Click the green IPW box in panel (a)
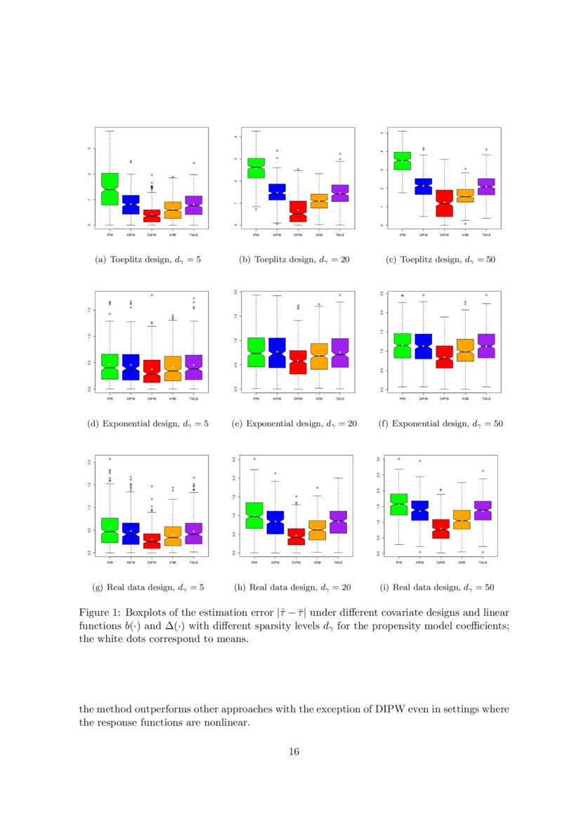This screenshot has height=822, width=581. click(110, 189)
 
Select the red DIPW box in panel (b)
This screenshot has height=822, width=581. click(298, 211)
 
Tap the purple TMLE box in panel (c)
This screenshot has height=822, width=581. click(486, 186)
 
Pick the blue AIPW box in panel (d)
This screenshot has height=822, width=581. click(131, 367)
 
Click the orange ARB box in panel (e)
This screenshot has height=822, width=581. click(319, 357)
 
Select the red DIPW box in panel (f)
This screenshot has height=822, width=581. click(444, 357)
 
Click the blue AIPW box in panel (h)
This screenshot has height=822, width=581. click(275, 522)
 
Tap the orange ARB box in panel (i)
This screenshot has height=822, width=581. click(462, 520)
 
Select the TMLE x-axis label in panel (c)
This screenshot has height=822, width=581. click(486, 236)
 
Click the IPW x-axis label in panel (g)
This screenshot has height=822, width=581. click(110, 563)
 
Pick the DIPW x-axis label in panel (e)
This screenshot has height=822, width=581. click(298, 399)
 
